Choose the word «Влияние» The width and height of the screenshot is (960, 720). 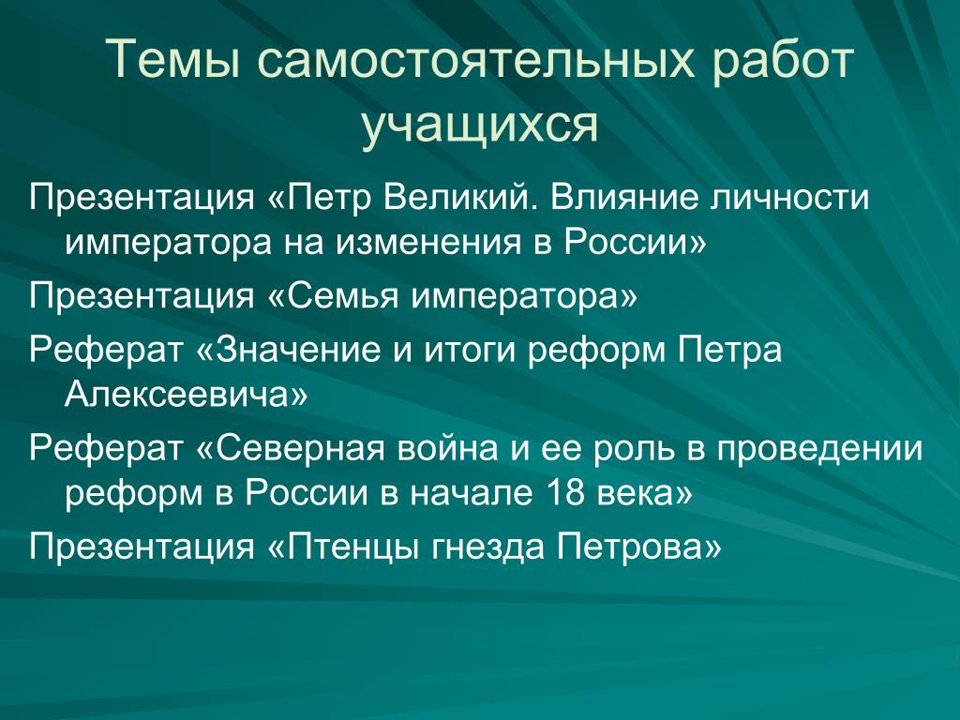coord(623,197)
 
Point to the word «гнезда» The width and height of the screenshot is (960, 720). coord(487,547)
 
